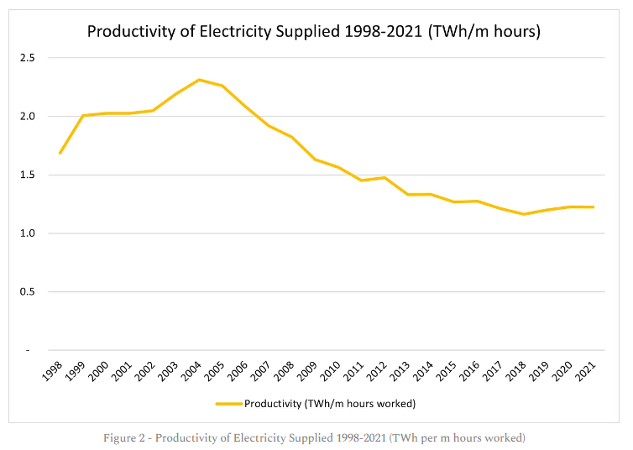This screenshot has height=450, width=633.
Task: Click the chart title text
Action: tap(313, 32)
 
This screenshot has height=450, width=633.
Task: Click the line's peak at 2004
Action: tap(199, 80)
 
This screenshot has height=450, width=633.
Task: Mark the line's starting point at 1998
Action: tap(60, 154)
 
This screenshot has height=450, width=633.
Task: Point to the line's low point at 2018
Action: tap(524, 214)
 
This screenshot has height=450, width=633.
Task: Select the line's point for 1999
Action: tap(83, 116)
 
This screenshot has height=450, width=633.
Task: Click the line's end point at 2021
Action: tap(594, 207)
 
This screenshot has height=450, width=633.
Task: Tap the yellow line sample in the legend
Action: tap(228, 403)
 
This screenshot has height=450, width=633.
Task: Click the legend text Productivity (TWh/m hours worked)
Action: tap(330, 403)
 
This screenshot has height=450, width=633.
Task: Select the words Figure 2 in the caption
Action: tap(128, 437)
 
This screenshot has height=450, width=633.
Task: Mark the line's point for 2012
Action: tap(385, 177)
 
